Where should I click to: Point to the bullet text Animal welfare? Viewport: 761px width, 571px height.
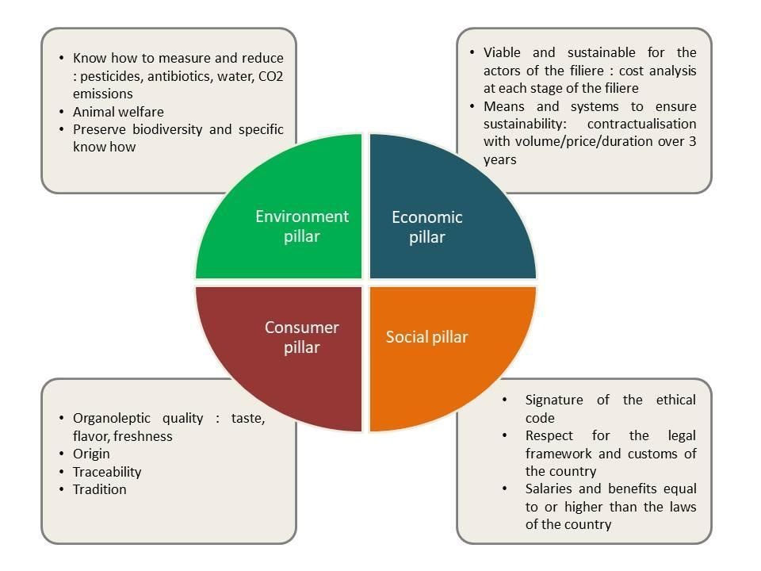pos(118,112)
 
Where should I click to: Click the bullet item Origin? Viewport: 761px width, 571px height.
pos(91,454)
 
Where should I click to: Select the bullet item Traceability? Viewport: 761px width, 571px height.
pos(107,472)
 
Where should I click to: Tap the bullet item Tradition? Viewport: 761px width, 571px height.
pos(99,489)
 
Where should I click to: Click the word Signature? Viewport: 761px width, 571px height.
pos(556,400)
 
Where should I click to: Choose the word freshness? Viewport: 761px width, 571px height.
pos(143,436)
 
